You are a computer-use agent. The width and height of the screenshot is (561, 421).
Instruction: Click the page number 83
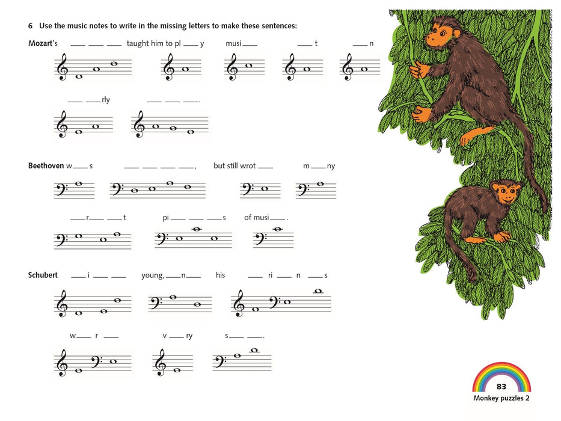(501, 386)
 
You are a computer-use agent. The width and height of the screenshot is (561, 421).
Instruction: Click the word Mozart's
(43, 43)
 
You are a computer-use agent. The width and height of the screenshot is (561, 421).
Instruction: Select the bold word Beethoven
(46, 166)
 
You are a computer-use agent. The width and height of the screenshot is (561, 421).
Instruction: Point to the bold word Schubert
(43, 275)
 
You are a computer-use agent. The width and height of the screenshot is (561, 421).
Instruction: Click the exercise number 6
(31, 26)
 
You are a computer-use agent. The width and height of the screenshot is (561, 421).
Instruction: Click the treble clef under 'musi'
(233, 67)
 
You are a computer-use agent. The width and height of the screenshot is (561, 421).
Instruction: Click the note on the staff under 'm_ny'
(320, 184)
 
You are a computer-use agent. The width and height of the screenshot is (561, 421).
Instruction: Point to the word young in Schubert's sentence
(153, 275)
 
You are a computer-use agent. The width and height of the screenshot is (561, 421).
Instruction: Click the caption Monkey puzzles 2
(501, 398)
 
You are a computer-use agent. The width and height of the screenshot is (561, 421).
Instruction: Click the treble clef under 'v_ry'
(161, 362)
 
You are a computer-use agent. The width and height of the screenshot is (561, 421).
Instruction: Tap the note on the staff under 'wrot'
(265, 189)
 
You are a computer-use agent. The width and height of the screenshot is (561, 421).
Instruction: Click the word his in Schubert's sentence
(221, 275)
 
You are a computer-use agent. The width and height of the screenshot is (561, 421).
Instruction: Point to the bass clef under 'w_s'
(61, 189)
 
